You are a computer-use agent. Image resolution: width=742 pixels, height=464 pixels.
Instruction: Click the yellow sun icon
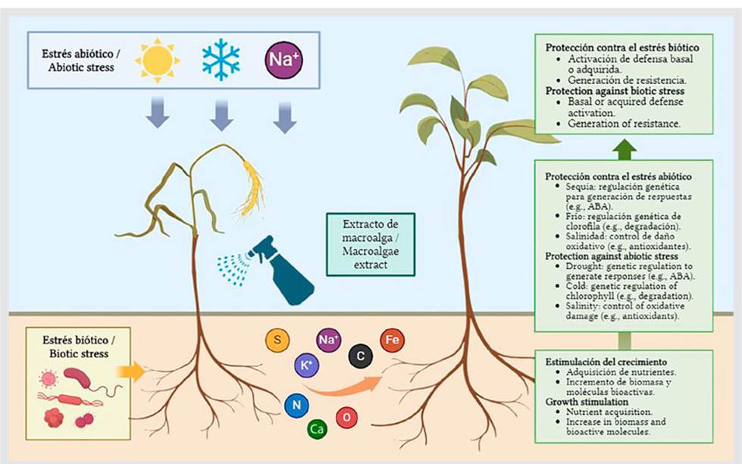point(158,61)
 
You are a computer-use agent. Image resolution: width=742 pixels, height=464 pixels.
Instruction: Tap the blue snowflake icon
point(221,60)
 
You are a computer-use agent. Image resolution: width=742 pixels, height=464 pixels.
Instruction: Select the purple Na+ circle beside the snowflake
point(283,60)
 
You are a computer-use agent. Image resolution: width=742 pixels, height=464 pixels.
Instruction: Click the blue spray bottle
point(279,270)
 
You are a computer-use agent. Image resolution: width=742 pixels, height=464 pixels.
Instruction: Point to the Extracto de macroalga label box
point(371,244)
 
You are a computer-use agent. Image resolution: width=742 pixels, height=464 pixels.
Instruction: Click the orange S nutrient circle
point(277,340)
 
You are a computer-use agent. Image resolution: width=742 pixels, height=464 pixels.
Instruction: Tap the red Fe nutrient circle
point(393,340)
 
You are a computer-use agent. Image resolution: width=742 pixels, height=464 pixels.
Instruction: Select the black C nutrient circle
point(361,356)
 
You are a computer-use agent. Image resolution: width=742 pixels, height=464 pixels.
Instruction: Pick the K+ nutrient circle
point(306,365)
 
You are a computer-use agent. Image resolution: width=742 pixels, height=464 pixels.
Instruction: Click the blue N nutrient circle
point(296,406)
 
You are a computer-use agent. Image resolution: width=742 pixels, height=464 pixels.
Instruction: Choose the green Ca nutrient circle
point(317,429)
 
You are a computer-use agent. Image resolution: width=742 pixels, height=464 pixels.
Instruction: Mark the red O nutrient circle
point(347,417)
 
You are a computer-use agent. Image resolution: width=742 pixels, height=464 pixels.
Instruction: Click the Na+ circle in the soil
point(328,340)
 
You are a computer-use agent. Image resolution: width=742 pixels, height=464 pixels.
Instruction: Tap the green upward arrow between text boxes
point(625,149)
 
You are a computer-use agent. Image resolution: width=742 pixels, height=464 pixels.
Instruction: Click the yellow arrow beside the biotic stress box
point(130,371)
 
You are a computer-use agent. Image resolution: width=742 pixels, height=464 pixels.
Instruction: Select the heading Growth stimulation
point(587,402)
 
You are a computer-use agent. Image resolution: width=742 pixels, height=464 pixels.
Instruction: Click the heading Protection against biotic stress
point(615,91)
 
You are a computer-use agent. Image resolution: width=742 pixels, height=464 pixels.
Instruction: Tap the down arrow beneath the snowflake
point(221,114)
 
